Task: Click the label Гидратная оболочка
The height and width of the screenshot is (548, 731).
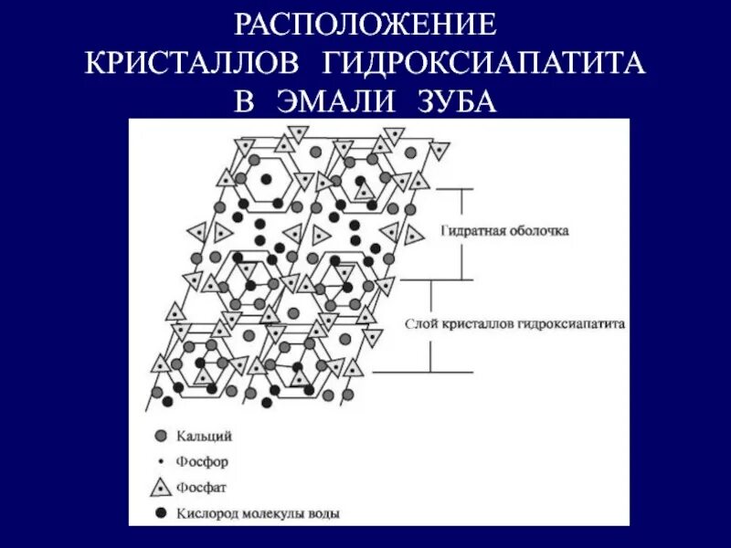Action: click(504, 231)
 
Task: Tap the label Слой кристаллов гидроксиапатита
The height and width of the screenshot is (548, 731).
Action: click(514, 324)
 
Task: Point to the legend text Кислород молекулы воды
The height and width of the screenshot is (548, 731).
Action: click(261, 513)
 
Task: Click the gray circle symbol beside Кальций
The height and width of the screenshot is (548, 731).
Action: click(161, 437)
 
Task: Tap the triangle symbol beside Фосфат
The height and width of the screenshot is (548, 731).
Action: click(161, 487)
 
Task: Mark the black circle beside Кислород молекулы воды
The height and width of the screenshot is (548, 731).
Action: click(161, 513)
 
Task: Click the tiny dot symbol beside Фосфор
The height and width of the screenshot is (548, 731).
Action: click(161, 462)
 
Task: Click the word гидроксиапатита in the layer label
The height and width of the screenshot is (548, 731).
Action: click(570, 324)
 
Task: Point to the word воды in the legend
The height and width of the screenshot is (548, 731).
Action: click(324, 513)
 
